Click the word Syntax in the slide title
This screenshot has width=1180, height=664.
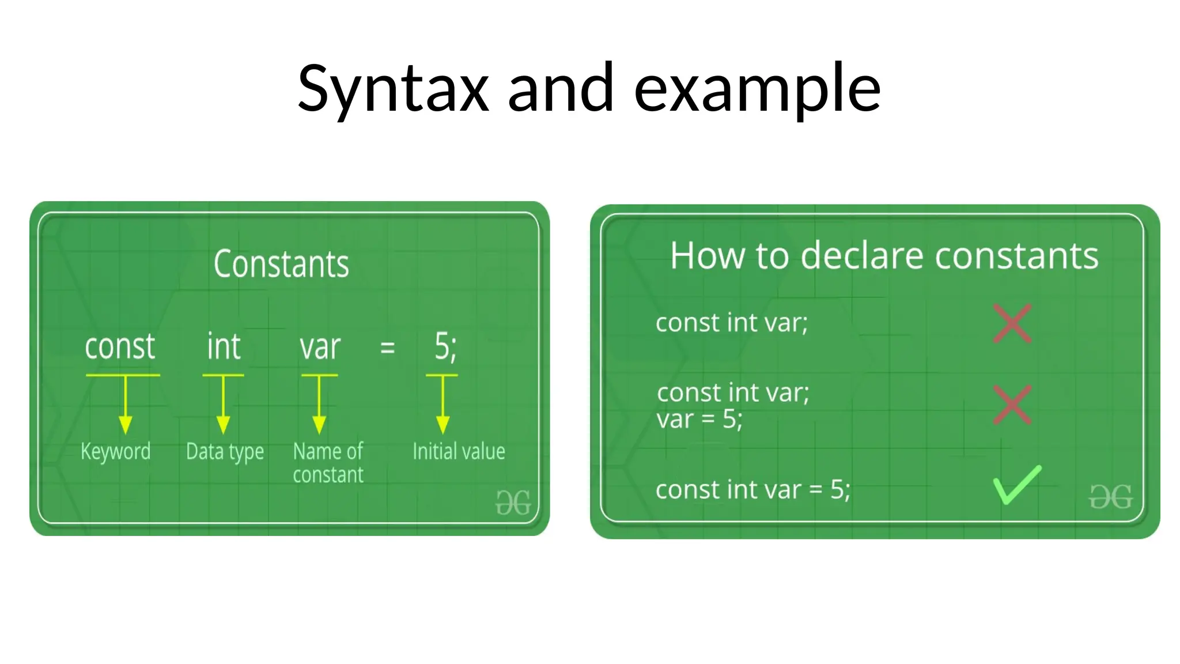(394, 89)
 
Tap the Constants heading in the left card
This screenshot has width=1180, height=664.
(281, 264)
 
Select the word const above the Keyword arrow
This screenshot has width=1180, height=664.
(120, 347)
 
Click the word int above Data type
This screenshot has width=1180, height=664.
(224, 347)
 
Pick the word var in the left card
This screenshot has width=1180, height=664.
(320, 348)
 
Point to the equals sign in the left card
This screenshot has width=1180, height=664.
(388, 348)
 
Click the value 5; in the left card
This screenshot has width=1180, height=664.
(445, 348)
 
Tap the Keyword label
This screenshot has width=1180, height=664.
(116, 451)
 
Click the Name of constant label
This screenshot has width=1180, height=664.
(328, 463)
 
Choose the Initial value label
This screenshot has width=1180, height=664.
(459, 451)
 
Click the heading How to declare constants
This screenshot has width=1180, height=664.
(884, 255)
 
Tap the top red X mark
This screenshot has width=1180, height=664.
(1012, 323)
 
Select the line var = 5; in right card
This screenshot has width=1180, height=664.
(699, 420)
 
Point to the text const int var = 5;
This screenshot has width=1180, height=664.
(752, 490)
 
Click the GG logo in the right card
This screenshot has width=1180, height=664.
(1110, 496)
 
